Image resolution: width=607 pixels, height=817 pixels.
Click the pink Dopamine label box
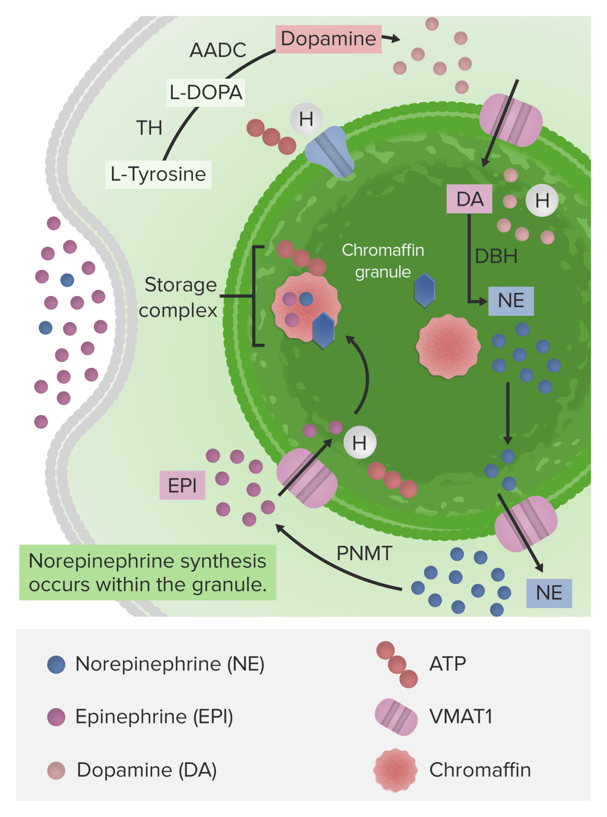pos(328,39)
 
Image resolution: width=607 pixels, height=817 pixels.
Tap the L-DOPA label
pos(206,92)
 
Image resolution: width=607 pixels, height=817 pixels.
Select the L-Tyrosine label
pos(158,174)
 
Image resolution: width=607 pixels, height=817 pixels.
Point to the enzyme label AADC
pos(218,50)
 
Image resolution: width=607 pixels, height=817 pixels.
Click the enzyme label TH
pos(149,128)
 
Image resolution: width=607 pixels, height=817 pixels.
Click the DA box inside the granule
pos(469,199)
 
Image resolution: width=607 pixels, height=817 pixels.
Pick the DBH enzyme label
pos(496,256)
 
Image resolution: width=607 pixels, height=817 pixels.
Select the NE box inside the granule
pos(511,301)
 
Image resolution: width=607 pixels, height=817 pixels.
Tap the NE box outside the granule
pos(549,593)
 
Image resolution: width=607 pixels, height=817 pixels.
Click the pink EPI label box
pos(182,486)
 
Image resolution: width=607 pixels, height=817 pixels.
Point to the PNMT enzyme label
pos(364,554)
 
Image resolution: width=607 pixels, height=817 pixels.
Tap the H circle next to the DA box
pos(542,200)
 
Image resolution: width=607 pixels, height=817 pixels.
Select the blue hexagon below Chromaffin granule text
pos(424,290)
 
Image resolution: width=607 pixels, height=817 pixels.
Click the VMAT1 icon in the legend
pos(396,717)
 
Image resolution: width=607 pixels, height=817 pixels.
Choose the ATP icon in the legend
pos(397,665)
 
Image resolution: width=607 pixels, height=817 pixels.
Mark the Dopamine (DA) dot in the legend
pos(56,770)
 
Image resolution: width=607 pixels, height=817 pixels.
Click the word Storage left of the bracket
pos(180,285)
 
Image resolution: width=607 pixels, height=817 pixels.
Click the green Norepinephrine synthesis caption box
pos(148,573)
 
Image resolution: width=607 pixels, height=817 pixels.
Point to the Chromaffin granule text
pos(383,261)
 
